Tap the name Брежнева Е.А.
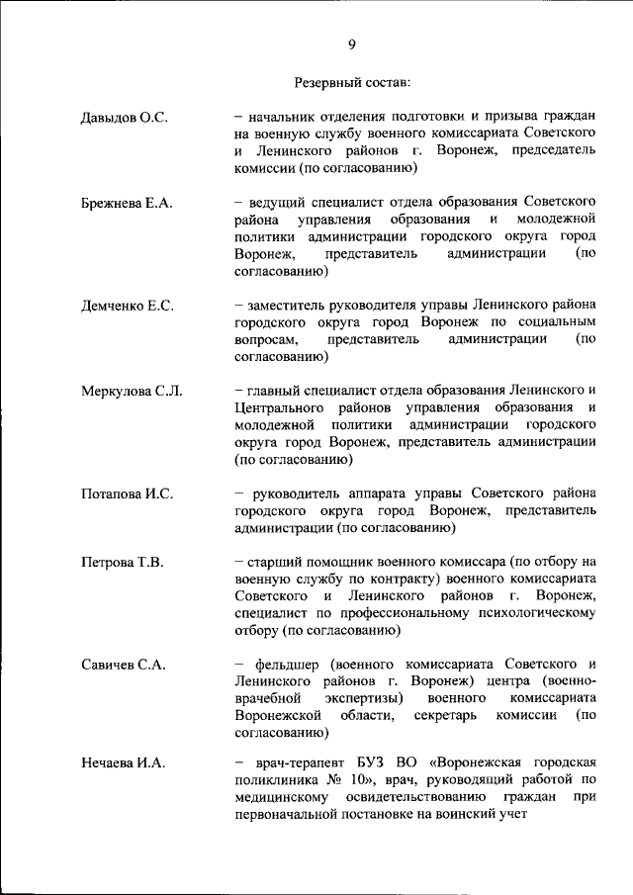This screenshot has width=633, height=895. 127,203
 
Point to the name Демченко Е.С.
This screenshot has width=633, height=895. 128,306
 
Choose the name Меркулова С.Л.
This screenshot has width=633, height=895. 132,391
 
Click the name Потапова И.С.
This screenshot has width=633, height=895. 128,493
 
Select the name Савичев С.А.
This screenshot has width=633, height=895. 123,665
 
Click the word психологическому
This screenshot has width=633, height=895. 534,613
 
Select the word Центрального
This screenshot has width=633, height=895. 280,408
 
